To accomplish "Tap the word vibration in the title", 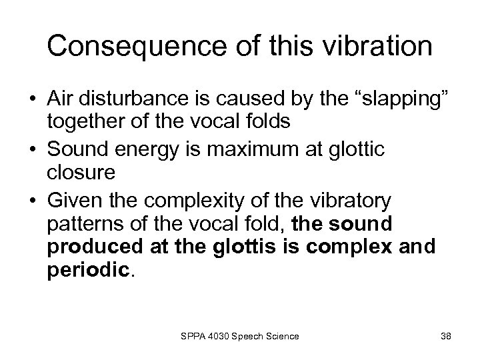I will (x=371, y=46).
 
